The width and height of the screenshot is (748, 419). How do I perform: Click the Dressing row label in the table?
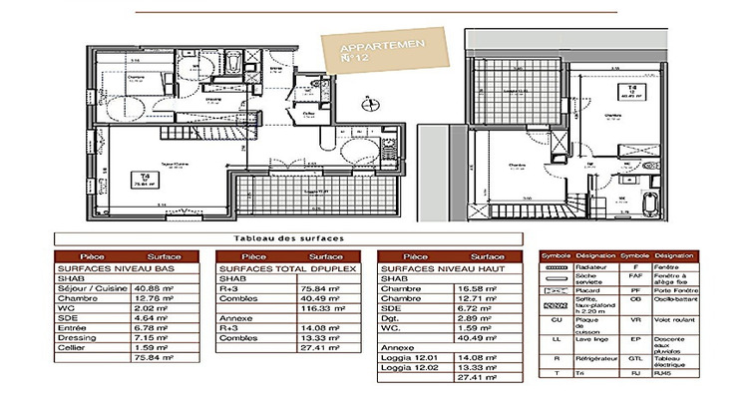click(77, 338)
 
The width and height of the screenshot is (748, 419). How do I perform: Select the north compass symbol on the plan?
click(367, 101)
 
